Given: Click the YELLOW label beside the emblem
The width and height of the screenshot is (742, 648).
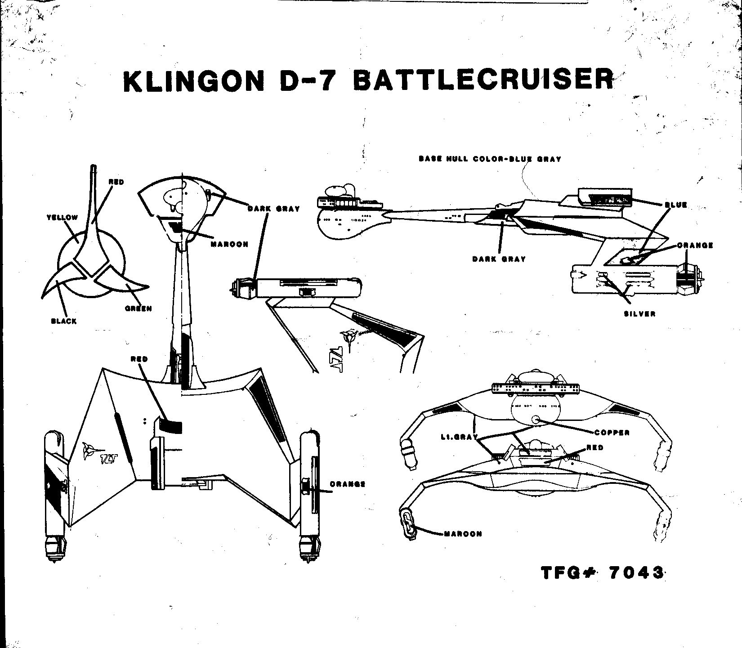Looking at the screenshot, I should click(x=62, y=218).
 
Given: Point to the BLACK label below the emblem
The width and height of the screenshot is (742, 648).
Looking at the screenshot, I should click(x=64, y=321).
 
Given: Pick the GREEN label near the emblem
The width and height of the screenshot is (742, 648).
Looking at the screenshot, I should click(x=139, y=308).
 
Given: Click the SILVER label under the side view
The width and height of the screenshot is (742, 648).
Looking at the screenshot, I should click(x=639, y=313).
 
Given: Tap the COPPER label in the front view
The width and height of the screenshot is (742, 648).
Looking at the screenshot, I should click(x=612, y=433).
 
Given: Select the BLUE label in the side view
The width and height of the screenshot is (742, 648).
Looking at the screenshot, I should click(x=675, y=205).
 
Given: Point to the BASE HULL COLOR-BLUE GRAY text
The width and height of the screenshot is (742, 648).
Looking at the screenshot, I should click(x=490, y=159).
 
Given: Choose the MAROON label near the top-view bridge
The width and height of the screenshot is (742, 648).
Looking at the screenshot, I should click(x=229, y=244).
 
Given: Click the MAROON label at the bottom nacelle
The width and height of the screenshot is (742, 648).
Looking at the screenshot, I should click(x=463, y=534).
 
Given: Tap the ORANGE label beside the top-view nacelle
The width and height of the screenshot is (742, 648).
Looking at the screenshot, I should click(x=347, y=484).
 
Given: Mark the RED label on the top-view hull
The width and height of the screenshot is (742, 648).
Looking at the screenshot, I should click(x=139, y=359).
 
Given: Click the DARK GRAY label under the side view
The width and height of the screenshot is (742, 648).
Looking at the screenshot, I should click(x=499, y=259).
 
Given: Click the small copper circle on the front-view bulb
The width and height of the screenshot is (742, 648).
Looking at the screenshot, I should click(x=535, y=419).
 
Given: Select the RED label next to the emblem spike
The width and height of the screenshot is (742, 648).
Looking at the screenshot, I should click(x=116, y=182).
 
